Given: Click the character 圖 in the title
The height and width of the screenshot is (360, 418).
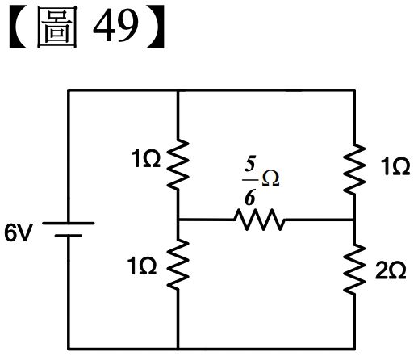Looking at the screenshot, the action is pos(57,27).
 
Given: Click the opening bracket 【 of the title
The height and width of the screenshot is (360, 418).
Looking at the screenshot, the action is pos(19,27).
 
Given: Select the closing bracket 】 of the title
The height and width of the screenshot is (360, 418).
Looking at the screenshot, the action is pos(155,27).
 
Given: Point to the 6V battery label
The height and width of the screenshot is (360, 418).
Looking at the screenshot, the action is pos(19,232).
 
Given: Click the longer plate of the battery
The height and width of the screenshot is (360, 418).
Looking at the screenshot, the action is pos(69,223).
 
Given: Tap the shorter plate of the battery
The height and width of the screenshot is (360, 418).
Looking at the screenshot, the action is pos(69,236).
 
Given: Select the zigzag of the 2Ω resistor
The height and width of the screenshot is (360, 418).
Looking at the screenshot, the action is pos(354,269).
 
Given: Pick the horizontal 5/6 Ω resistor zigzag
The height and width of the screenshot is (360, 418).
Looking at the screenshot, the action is pos(259,220).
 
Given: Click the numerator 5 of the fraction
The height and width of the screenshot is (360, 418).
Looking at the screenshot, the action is pos(250,164).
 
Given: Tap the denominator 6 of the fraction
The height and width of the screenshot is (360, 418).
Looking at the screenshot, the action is pos(249,198).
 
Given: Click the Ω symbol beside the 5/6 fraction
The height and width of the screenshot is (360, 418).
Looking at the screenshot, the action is pos(270,178).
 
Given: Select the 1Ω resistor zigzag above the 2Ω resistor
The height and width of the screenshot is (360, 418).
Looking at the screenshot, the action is pos(354,169).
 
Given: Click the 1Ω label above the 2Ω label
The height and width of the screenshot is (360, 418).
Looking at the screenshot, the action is pos(395,167).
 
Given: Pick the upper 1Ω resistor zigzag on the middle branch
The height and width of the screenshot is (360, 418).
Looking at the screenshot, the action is pos(178,164).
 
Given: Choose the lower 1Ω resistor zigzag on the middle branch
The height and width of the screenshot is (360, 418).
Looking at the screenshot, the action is pos(178,265).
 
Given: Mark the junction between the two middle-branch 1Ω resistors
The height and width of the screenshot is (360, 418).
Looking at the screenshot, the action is pos(178,220).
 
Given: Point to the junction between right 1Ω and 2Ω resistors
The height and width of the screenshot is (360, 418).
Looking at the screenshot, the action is pos(354,220).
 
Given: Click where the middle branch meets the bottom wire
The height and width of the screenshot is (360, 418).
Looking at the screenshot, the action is pos(178,349).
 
